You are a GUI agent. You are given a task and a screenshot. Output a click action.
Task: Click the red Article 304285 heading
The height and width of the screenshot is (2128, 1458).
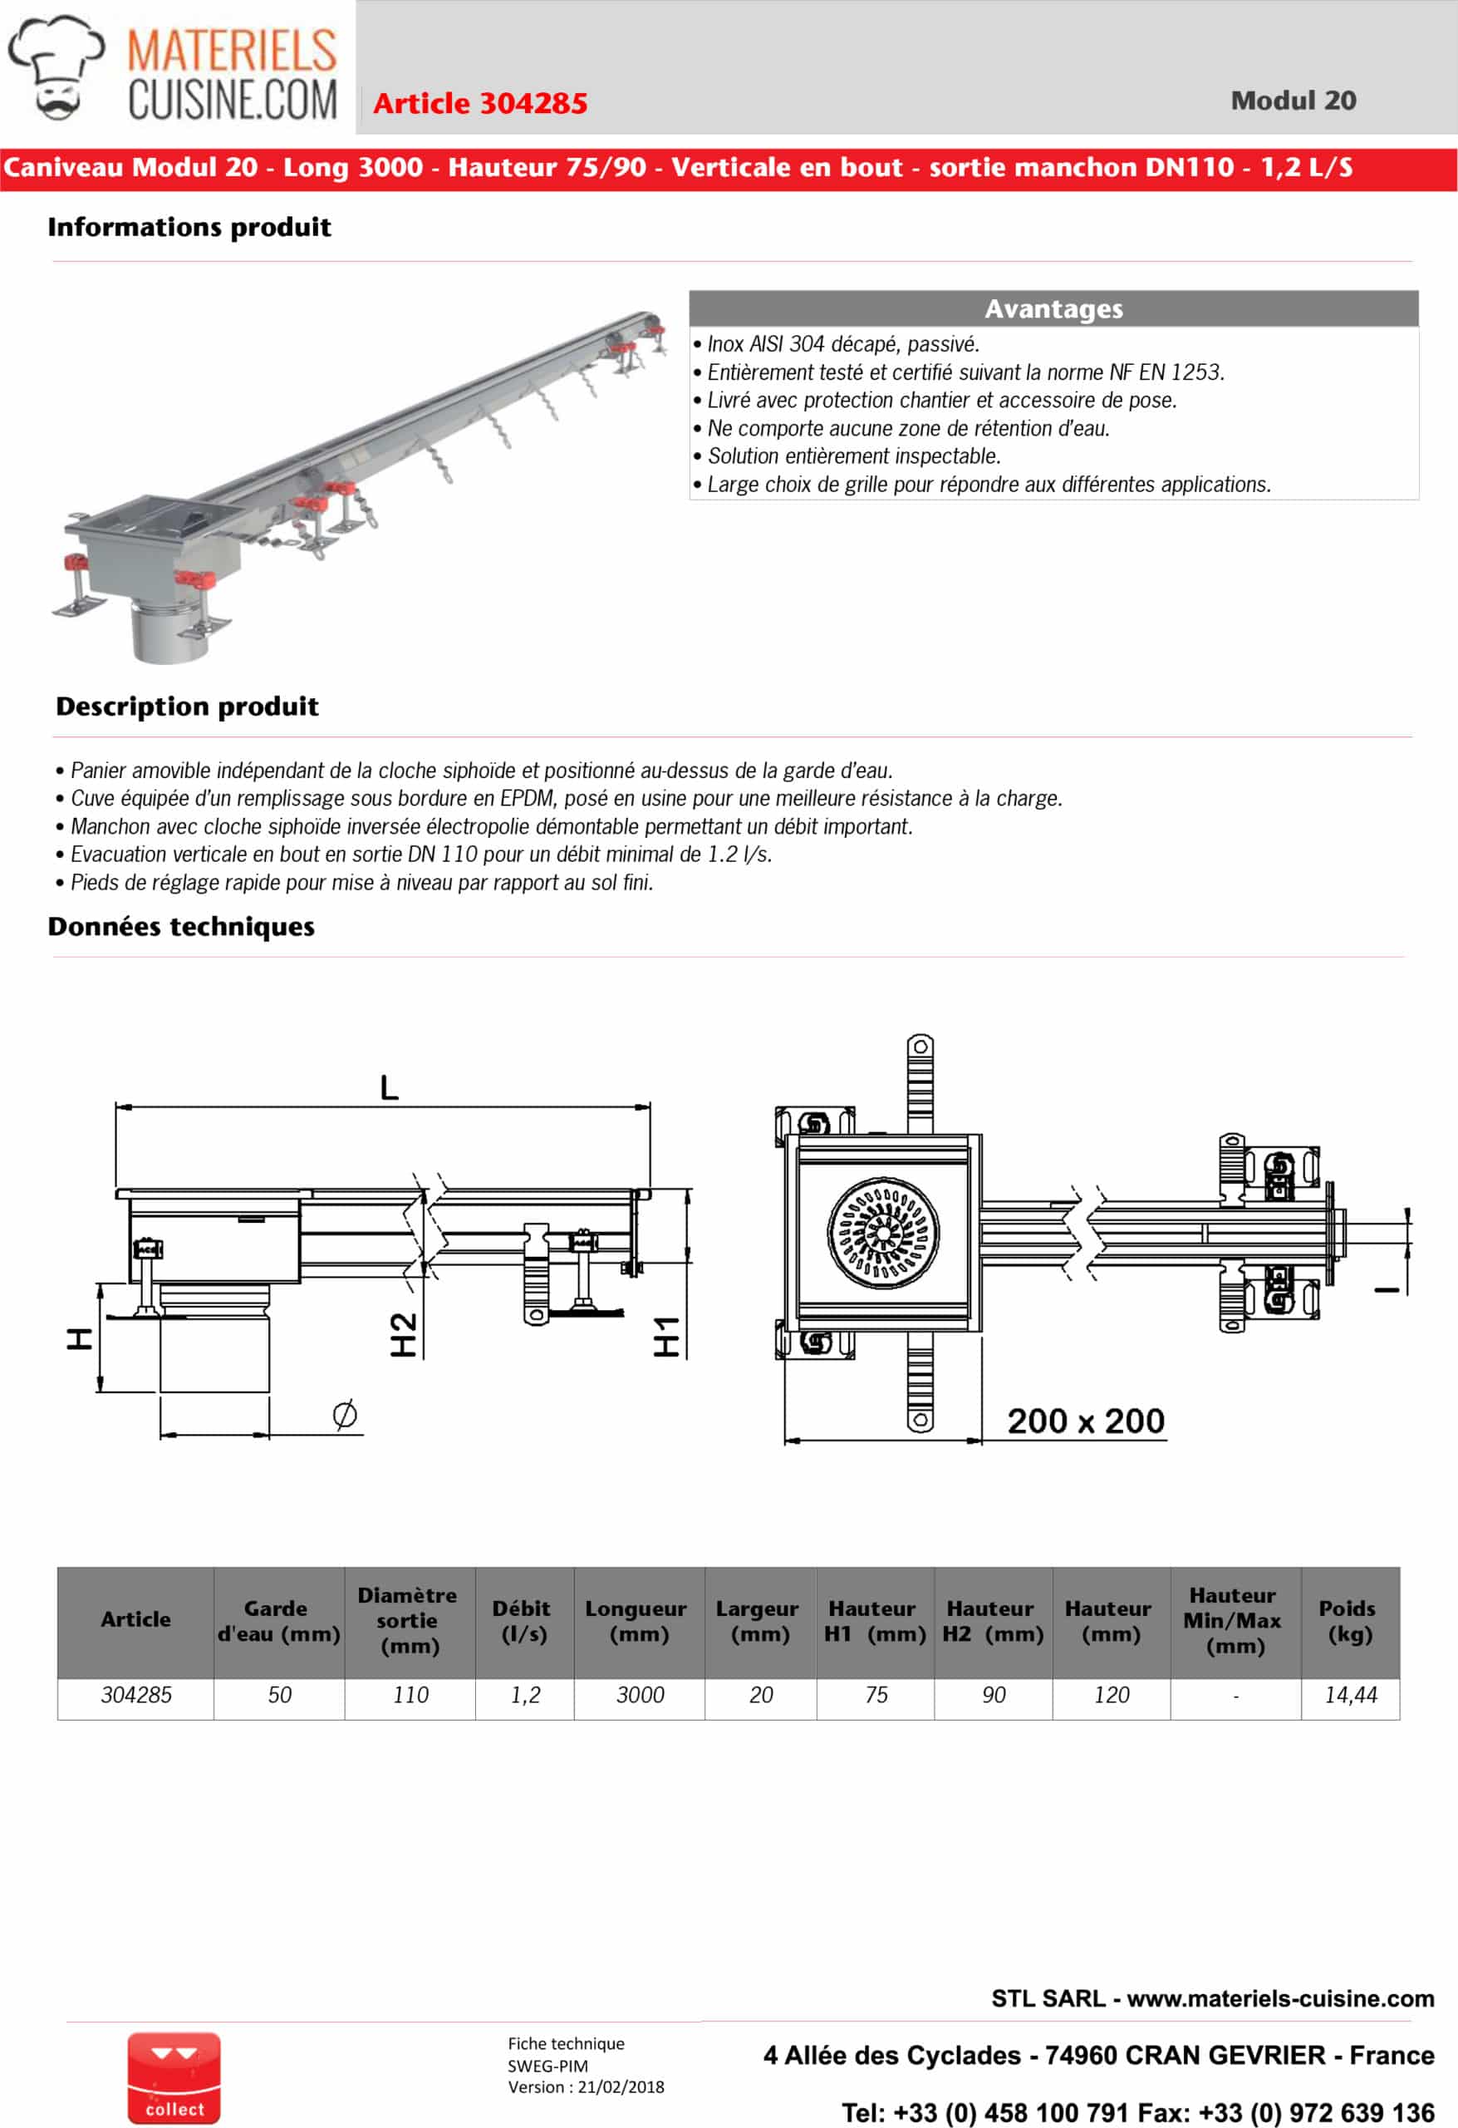pos(479,103)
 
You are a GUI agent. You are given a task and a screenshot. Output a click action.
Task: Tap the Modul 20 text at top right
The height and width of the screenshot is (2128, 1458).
pos(1293,101)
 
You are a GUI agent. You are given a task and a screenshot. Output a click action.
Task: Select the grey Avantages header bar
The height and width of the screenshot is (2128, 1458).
pos(1053,308)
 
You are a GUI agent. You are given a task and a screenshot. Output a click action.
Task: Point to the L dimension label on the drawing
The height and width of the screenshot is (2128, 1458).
pos(389,1088)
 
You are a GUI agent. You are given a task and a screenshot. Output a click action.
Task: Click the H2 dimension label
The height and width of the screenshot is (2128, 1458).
pos(404,1334)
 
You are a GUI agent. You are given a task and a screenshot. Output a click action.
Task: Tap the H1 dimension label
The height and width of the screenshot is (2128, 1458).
pos(666,1336)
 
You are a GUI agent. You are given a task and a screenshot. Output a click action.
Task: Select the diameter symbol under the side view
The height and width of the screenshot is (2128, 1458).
pos(344,1415)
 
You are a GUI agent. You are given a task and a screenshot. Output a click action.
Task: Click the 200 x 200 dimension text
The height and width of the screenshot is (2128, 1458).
pos(1086,1421)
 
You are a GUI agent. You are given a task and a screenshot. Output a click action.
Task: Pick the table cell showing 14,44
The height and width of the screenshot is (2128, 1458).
pos(1350,1695)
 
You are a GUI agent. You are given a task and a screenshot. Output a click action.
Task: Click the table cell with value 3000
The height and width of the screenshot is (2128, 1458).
pos(640,1695)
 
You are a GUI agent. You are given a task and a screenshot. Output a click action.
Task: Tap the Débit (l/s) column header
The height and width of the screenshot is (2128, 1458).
pos(523,1621)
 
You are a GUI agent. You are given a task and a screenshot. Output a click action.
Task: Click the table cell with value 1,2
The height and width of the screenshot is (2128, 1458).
pos(525,1695)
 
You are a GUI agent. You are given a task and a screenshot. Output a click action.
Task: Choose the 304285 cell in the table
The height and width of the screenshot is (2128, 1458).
pos(135,1695)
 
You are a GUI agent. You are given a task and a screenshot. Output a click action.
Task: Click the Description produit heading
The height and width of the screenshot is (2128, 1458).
pos(187,706)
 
